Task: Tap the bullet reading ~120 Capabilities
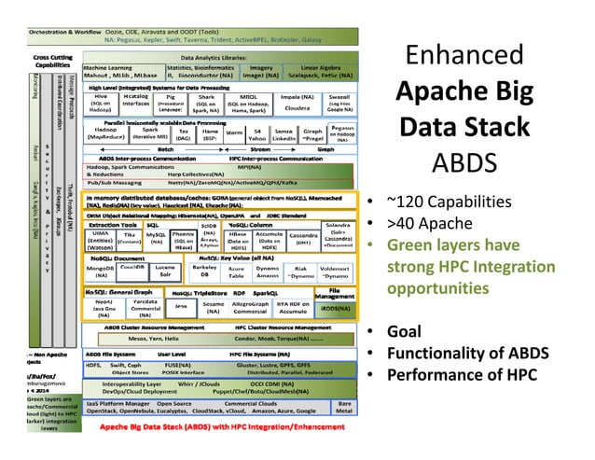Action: coord(450,202)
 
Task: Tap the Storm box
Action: coord(234,134)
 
